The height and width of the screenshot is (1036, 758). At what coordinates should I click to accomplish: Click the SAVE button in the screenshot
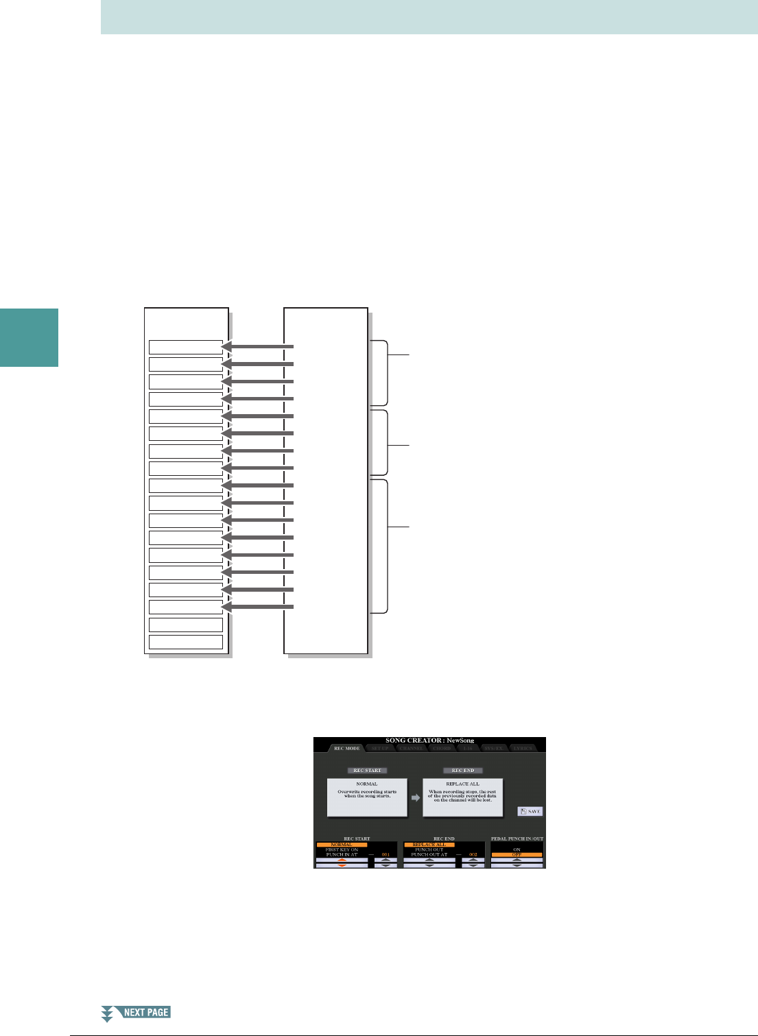(x=530, y=812)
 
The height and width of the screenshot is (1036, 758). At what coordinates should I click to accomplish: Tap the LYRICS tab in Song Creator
(x=523, y=748)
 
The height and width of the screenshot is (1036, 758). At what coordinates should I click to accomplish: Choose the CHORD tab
(x=442, y=748)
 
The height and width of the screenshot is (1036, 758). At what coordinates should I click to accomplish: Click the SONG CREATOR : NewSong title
(x=429, y=740)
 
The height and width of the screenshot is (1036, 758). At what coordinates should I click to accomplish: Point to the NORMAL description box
(x=367, y=797)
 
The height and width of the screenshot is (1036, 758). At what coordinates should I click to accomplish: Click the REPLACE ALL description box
(x=463, y=797)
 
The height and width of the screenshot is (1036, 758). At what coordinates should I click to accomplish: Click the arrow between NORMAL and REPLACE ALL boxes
(x=415, y=797)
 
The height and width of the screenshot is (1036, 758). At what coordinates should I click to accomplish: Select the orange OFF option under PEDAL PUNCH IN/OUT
(x=517, y=855)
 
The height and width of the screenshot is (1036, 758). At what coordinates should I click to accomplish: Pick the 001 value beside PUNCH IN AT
(x=386, y=855)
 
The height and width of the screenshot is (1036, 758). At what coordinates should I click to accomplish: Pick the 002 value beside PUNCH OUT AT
(x=473, y=855)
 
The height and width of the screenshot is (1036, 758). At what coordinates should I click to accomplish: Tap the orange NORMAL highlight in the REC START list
(x=342, y=845)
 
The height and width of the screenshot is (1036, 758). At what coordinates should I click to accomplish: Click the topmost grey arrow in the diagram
(x=257, y=347)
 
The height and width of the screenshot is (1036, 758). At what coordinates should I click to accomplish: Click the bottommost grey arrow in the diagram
(x=257, y=607)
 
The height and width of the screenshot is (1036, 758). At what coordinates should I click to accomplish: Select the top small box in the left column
(x=186, y=347)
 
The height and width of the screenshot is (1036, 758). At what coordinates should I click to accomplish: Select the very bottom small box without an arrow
(x=186, y=642)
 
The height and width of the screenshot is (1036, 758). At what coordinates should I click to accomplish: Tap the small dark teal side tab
(x=29, y=337)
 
